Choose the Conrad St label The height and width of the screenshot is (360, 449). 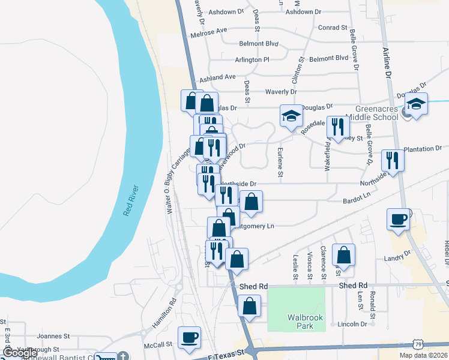pyautogui.click(x=333, y=28)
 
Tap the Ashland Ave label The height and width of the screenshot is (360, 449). pyautogui.click(x=217, y=77)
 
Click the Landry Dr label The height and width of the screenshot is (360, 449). pyautogui.click(x=414, y=254)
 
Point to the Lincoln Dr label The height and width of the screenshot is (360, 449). pyautogui.click(x=352, y=324)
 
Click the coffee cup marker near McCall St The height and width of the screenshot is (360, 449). pyautogui.click(x=189, y=337)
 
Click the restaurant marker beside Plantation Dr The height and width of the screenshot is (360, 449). pyautogui.click(x=393, y=160)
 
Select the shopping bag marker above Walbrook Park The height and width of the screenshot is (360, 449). pyautogui.click(x=250, y=305)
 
